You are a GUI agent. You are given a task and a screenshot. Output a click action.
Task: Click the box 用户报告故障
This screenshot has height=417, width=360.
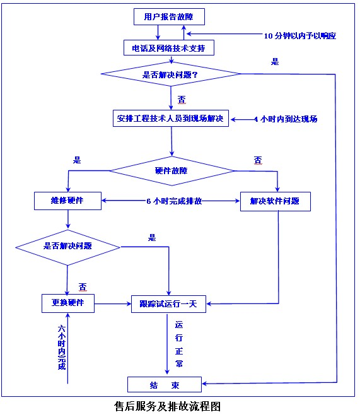click(170, 18)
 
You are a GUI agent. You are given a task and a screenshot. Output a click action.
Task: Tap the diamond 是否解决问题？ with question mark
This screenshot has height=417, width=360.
click(171, 75)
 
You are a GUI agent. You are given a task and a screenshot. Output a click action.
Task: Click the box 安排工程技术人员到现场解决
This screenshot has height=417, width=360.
click(170, 119)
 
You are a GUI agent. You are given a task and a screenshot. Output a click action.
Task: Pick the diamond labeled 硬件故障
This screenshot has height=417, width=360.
click(171, 170)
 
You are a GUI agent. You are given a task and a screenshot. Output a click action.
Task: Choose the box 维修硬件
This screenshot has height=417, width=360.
click(67, 201)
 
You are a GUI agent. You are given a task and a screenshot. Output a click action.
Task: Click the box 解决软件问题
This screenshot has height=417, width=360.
click(275, 201)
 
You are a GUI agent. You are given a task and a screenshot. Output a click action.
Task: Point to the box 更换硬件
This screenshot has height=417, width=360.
click(68, 303)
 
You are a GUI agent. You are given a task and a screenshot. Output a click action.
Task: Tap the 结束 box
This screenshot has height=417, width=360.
click(165, 384)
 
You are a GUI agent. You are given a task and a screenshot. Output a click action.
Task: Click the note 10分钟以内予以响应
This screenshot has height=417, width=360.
click(301, 35)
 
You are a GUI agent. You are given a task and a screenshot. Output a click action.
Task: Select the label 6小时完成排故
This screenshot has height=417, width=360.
click(174, 201)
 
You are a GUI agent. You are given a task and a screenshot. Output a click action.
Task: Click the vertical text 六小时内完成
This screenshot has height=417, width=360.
click(61, 348)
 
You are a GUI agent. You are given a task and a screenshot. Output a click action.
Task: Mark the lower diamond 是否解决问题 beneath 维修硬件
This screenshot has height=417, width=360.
click(67, 245)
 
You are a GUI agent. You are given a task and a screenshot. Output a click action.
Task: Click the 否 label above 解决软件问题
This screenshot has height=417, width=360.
click(257, 160)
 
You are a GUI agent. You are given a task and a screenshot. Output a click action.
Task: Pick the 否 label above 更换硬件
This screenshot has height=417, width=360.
click(82, 286)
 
